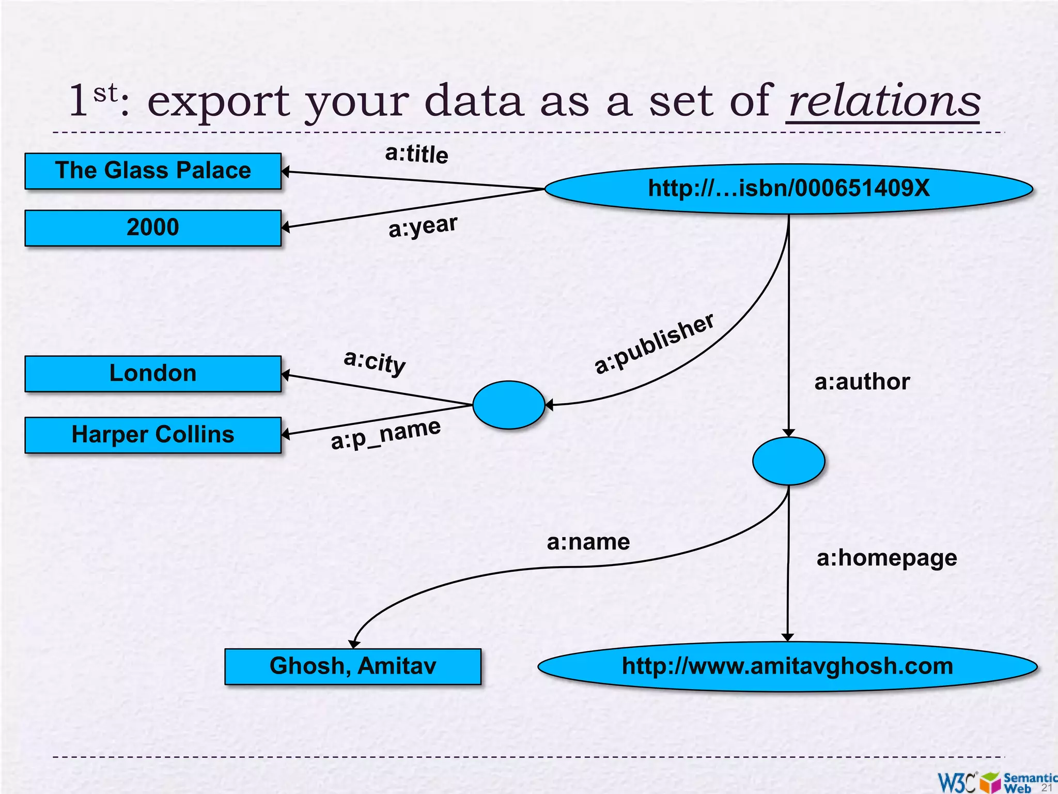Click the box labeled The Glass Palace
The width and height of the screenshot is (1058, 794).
[x=153, y=171]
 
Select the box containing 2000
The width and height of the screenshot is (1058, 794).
[x=153, y=227]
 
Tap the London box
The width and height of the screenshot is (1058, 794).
[x=153, y=373]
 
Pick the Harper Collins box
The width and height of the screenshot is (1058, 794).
[x=153, y=435]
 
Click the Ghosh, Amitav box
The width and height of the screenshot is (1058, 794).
[x=353, y=666]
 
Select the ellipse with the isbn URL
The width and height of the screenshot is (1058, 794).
[x=788, y=189]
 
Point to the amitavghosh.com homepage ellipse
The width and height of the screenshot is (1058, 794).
[x=787, y=666]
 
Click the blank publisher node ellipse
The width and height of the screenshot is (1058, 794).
[x=509, y=405]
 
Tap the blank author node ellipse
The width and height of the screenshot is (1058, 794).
[x=788, y=461]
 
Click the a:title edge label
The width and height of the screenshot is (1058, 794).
[x=417, y=154]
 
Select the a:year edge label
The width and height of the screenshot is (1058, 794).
[x=423, y=226]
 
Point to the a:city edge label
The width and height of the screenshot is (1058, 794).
[x=375, y=361]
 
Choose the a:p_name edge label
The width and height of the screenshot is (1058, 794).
[x=386, y=434]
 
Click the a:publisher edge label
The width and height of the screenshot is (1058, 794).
[x=654, y=343]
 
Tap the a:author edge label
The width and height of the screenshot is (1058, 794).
[x=862, y=382]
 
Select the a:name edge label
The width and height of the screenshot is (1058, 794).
[x=588, y=542]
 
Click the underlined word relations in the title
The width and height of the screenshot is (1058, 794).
[x=884, y=101]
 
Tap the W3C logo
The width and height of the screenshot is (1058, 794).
[x=957, y=782]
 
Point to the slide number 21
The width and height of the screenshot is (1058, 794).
[x=1047, y=787]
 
